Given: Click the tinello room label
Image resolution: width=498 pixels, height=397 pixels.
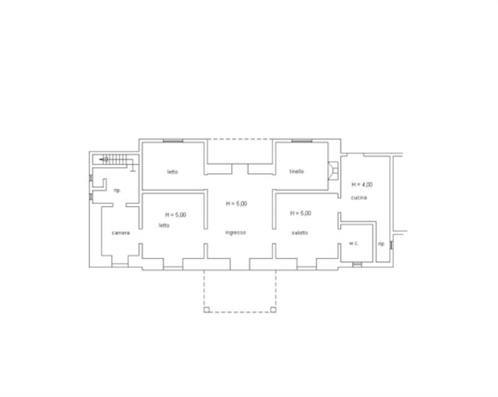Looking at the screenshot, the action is (x=297, y=171).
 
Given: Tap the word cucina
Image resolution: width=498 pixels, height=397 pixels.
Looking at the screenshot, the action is (x=359, y=198).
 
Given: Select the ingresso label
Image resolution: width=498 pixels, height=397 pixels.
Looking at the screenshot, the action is (x=235, y=232).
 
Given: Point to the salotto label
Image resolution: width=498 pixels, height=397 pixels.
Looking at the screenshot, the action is (x=300, y=233).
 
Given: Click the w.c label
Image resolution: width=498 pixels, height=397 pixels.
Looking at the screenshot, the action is (x=353, y=244).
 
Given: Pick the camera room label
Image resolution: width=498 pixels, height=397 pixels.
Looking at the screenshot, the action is (x=121, y=233).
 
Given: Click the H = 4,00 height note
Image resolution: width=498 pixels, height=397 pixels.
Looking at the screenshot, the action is (x=362, y=185).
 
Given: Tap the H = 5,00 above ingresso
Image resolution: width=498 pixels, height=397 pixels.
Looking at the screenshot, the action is (x=237, y=204).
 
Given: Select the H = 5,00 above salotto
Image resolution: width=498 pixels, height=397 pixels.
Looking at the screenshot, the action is (x=301, y=213).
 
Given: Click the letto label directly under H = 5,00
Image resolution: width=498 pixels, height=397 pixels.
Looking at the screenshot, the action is (x=164, y=226).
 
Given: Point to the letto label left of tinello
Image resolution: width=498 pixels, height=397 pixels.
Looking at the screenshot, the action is (x=173, y=172).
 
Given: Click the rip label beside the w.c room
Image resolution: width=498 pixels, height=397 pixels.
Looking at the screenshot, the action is (x=381, y=244).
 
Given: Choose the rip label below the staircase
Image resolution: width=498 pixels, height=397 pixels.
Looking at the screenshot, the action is (x=117, y=190).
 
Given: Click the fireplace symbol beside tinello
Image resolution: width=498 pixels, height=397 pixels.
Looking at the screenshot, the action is (x=333, y=171).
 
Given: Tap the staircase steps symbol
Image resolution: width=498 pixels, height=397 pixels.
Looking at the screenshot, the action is (x=114, y=159).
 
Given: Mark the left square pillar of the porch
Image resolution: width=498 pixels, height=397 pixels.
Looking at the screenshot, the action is (x=207, y=309).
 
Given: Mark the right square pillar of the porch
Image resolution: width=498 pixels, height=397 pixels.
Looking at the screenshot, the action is (x=273, y=309).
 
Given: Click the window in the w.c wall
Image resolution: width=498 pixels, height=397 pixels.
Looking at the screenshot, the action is (x=357, y=264).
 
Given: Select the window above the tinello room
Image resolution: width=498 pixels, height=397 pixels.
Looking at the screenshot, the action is (x=302, y=140).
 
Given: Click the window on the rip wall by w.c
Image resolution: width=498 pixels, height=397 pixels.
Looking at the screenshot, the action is (x=392, y=245).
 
